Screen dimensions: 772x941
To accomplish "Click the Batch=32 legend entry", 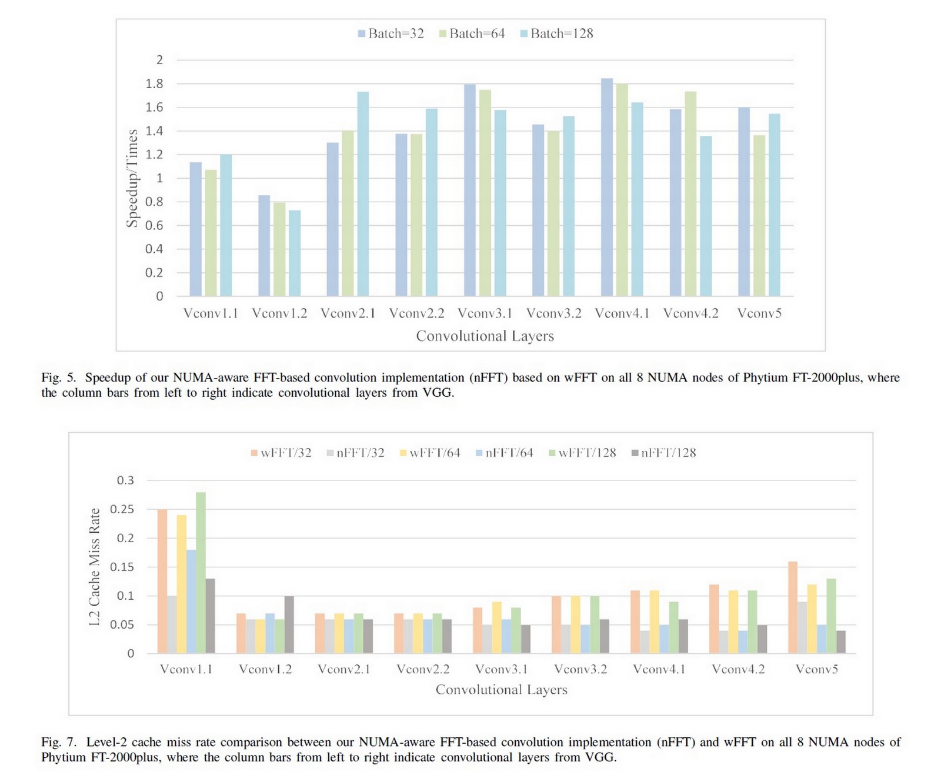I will point(391,34).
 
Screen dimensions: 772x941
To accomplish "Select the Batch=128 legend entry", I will point(556,34).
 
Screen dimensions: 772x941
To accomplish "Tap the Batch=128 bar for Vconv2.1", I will point(363,194).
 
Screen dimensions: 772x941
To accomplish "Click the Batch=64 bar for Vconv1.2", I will point(279,249).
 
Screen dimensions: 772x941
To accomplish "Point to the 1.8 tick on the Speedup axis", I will point(154,83).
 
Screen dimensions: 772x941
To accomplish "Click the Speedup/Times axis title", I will point(132,178).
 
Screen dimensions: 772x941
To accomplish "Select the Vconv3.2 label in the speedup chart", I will point(553,313).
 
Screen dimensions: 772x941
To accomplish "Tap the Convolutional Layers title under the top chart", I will point(485,336).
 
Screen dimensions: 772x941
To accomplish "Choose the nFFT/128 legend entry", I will point(663,453).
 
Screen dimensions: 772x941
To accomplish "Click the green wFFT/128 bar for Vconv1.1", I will point(201,573).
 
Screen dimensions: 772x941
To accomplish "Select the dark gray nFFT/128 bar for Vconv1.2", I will point(289,624).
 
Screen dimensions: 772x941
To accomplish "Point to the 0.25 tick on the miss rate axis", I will point(122,509).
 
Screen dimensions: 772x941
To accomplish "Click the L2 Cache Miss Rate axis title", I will point(95,567).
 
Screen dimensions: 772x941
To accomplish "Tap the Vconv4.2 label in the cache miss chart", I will point(738,669).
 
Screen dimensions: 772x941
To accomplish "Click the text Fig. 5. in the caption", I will point(59,377).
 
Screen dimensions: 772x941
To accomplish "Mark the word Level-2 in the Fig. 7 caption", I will point(106,742).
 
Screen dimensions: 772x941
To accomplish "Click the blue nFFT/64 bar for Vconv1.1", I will point(191,601).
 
